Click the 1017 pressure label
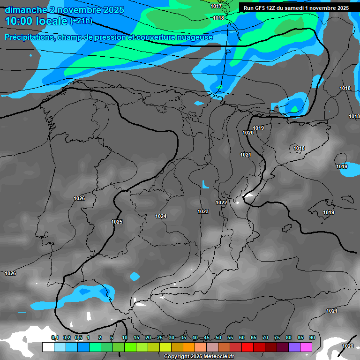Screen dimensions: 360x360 [x=216, y=6]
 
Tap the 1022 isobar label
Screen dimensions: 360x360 [x=221, y=202]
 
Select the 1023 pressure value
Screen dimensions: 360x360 [x=203, y=211]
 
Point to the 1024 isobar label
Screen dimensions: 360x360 [x=161, y=216]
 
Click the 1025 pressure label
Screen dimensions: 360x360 [x=117, y=222]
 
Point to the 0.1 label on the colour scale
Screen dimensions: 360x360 [x=55, y=337]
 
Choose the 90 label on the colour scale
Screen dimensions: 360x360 [x=312, y=337]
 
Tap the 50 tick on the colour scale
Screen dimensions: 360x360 [x=218, y=337]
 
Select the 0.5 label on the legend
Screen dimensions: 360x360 [x=78, y=337]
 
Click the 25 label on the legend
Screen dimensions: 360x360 [x=160, y=337]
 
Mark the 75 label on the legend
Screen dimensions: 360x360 [x=277, y=337]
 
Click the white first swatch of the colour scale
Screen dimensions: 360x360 [x=48, y=347]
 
